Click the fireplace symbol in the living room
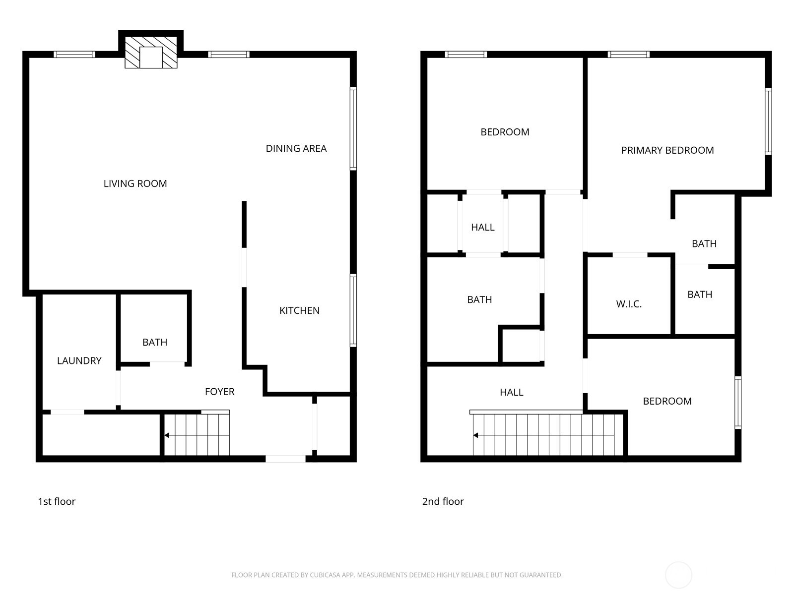(151, 52)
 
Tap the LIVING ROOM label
(135, 183)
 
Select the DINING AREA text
(296, 148)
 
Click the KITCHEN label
(299, 310)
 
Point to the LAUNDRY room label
(79, 360)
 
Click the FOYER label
(219, 392)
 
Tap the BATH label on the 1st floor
(155, 342)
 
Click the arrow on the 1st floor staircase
(167, 435)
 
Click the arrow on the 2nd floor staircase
(476, 435)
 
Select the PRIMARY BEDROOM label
(667, 150)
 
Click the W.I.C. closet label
(629, 304)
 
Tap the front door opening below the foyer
(285, 459)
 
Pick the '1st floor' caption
(57, 501)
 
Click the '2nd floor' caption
(443, 501)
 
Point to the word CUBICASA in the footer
(325, 575)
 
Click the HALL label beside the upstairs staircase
(511, 392)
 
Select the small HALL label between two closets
(482, 227)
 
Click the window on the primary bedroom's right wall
(768, 121)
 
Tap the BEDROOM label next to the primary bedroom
(505, 132)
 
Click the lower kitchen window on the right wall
(353, 310)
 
